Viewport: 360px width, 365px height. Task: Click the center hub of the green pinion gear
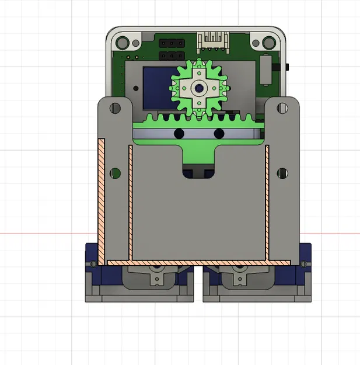tap(199, 88)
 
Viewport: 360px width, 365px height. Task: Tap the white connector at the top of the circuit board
tap(213, 40)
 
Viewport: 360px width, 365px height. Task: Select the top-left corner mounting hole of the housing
tap(123, 43)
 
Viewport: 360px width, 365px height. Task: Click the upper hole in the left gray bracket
tap(116, 108)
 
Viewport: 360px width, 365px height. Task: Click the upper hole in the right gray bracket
tap(283, 108)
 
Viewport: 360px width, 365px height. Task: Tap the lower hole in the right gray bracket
tap(283, 173)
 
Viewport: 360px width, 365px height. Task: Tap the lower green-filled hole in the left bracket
tap(116, 173)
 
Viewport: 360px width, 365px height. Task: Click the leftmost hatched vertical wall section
tap(102, 199)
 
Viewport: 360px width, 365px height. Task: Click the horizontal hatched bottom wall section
tap(198, 262)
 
